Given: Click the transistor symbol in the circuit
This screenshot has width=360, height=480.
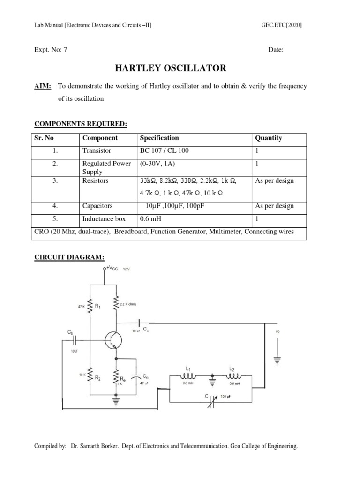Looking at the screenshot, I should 113,340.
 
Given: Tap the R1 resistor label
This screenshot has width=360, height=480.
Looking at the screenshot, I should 98,306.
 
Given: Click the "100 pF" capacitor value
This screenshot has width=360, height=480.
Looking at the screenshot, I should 227,397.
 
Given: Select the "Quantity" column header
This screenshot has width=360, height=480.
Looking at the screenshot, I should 268,138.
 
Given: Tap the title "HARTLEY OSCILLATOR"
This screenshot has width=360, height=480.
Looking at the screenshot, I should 171,69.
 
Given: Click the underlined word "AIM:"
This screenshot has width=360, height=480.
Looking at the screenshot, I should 43,86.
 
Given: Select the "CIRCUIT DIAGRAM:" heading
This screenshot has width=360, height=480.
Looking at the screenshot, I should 70,256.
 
